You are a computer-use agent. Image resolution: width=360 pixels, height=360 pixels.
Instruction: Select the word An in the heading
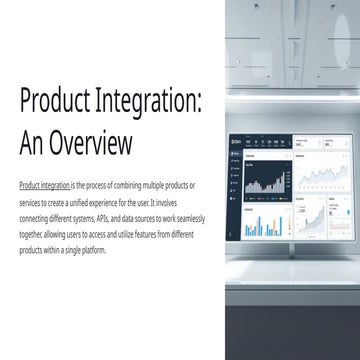[32, 143]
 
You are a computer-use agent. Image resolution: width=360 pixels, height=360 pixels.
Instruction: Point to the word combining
[124, 186]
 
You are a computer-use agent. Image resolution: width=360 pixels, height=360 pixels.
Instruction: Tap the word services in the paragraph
[31, 202]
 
